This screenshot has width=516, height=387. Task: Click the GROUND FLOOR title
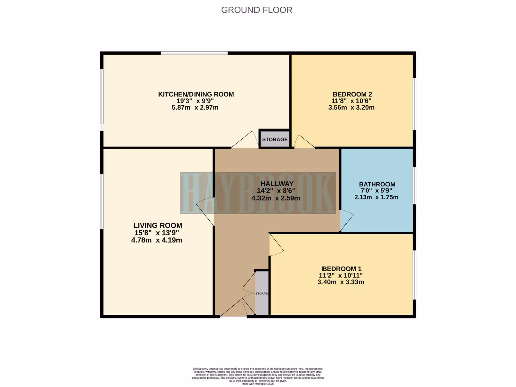pyautogui.click(x=257, y=10)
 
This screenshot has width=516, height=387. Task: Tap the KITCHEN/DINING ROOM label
pyautogui.click(x=196, y=94)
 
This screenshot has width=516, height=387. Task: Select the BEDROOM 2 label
pyautogui.click(x=352, y=94)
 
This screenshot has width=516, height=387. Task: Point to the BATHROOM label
pyautogui.click(x=377, y=184)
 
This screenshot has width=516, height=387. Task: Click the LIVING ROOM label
pyautogui.click(x=158, y=225)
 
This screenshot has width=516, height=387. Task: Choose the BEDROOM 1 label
pyautogui.click(x=341, y=269)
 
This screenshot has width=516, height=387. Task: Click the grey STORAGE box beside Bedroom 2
pyautogui.click(x=275, y=139)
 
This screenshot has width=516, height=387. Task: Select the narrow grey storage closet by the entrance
pyautogui.click(x=262, y=293)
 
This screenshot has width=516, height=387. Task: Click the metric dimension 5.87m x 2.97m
pyautogui.click(x=196, y=107)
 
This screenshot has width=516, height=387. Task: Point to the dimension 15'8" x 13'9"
pyautogui.click(x=156, y=233)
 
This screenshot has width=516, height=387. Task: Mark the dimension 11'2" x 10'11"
pyautogui.click(x=341, y=275)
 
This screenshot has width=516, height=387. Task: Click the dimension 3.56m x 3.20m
pyautogui.click(x=352, y=107)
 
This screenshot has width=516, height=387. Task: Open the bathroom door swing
pyautogui.click(x=347, y=220)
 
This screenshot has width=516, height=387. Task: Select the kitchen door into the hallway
pyautogui.click(x=245, y=140)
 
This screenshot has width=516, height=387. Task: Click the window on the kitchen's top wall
pyautogui.click(x=194, y=53)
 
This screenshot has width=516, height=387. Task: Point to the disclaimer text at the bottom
pyautogui.click(x=257, y=376)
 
